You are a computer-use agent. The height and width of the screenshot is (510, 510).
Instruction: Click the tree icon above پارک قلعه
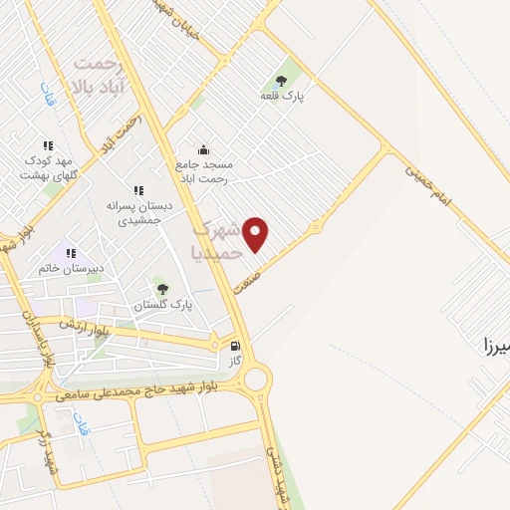click(x=284, y=79)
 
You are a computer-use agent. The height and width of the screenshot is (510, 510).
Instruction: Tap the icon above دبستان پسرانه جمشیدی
click(x=137, y=189)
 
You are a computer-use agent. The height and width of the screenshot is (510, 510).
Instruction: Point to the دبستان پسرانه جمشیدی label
click(x=139, y=212)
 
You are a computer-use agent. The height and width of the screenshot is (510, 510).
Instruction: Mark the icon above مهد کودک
click(x=48, y=145)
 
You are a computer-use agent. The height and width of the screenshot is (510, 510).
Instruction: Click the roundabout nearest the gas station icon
click(x=256, y=379)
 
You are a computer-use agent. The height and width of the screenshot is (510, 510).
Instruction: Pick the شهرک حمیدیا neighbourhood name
click(x=220, y=242)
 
